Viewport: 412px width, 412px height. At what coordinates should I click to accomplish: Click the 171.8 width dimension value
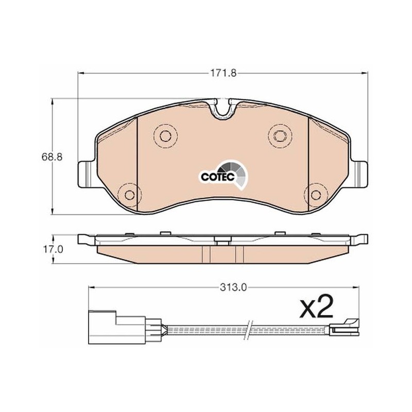[x=223, y=73]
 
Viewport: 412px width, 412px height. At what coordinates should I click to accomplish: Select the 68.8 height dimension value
[x=52, y=157]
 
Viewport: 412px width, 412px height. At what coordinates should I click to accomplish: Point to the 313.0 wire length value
[x=234, y=288]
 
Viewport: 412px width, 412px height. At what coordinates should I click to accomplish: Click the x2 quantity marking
[x=316, y=306]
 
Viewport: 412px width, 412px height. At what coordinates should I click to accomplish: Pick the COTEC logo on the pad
[x=223, y=174]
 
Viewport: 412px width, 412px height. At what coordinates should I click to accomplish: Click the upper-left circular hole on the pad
[x=165, y=135]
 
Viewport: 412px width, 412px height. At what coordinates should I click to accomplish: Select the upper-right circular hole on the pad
[x=280, y=135]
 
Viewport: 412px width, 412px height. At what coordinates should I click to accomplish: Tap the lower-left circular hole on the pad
[x=129, y=195]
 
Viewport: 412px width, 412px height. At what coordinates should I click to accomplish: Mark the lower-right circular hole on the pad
[x=316, y=195]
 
